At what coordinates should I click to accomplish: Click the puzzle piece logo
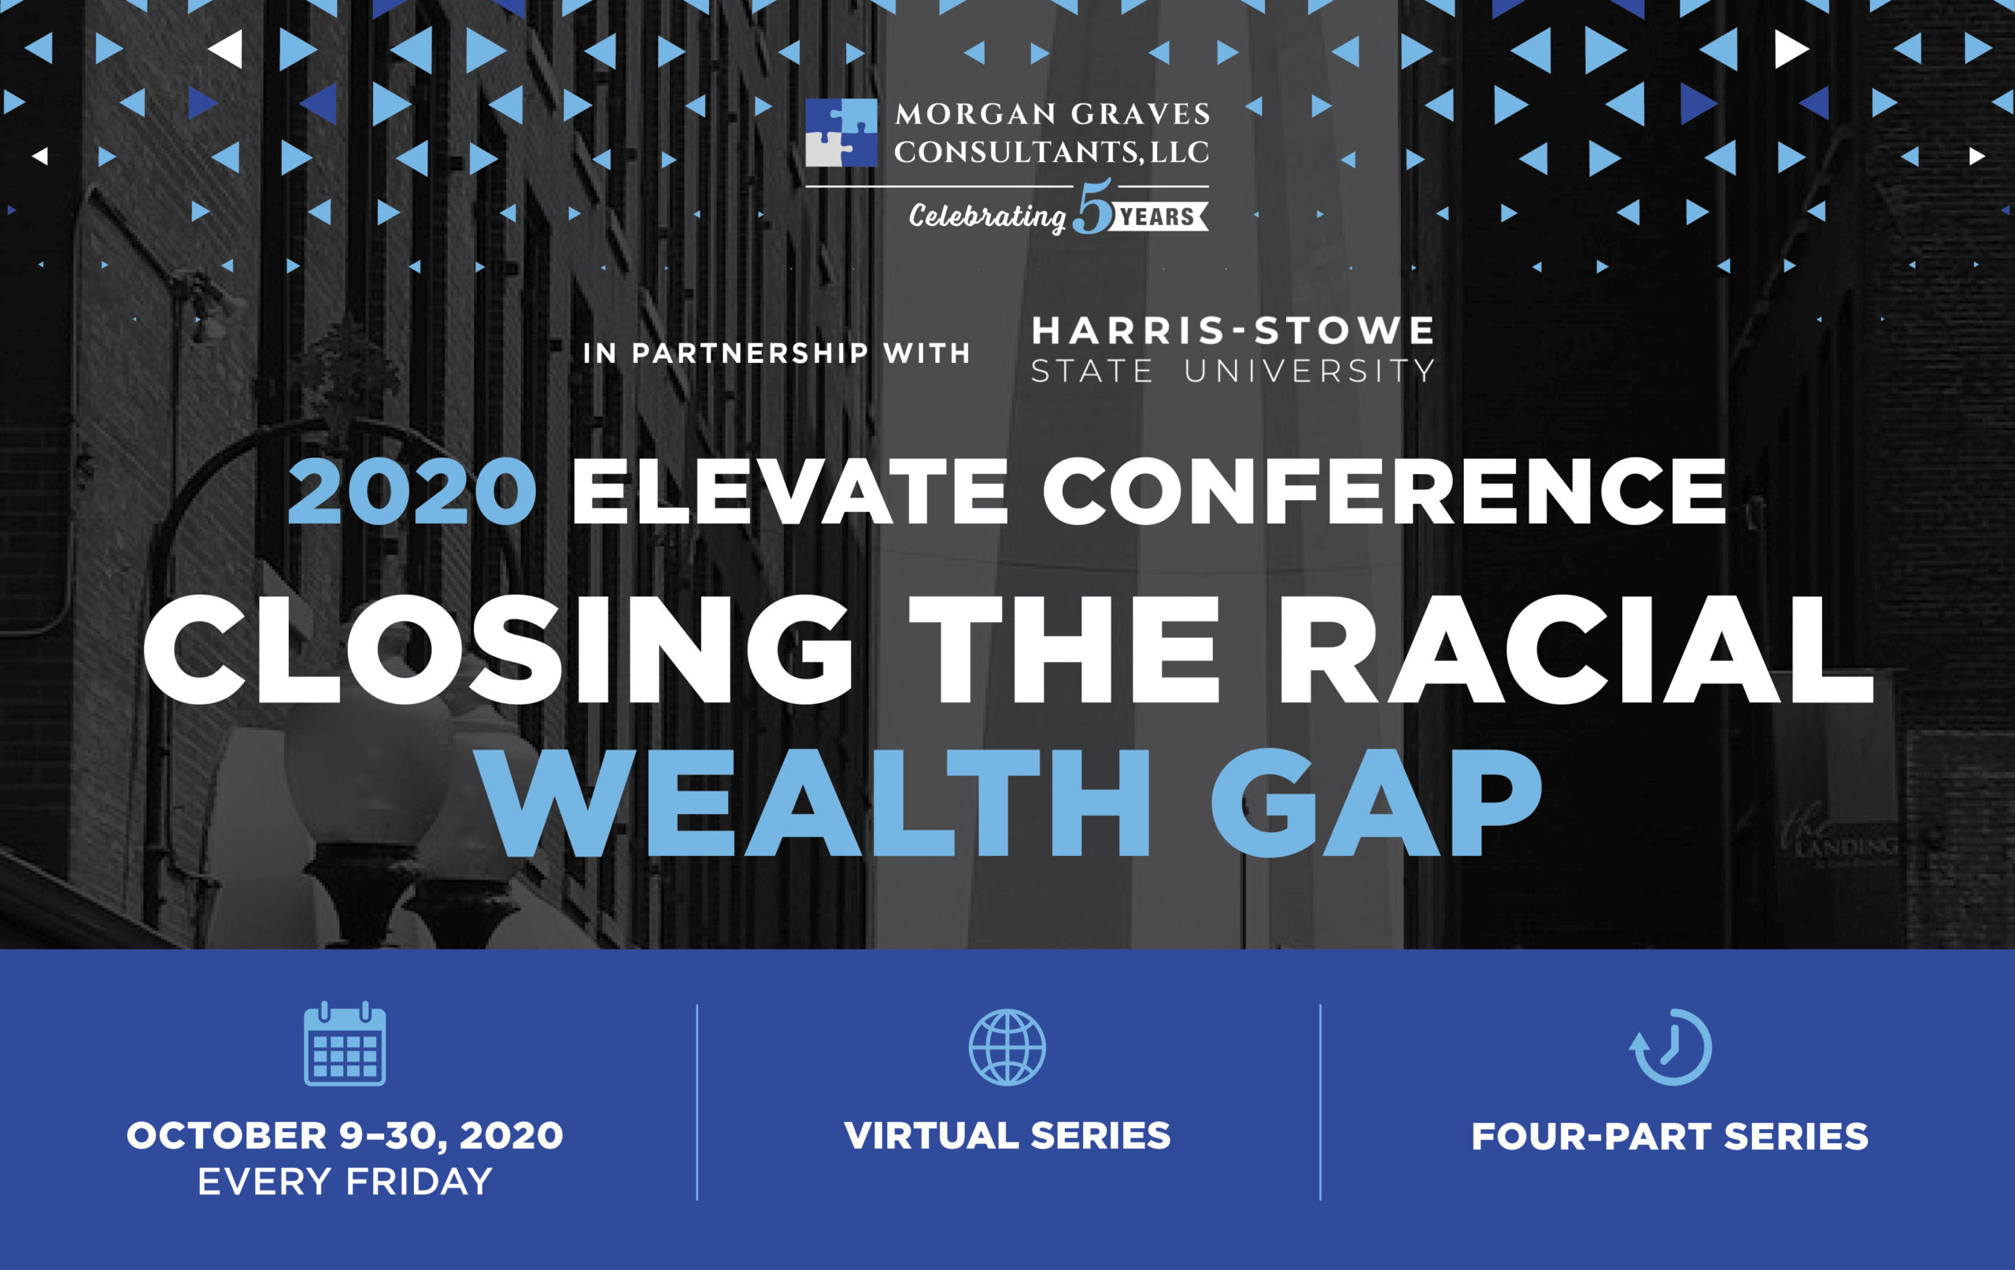[x=841, y=133]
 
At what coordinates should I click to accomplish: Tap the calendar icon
[x=345, y=1043]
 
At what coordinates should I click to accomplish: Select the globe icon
[x=1007, y=1047]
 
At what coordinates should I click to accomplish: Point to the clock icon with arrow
[x=1670, y=1047]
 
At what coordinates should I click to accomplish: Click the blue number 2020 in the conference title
[x=412, y=491]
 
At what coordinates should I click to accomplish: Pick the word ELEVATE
[x=790, y=491]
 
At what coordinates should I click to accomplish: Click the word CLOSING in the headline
[x=499, y=650]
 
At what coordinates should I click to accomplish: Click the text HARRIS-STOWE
[x=1233, y=331]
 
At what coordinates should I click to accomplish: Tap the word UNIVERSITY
[x=1310, y=371]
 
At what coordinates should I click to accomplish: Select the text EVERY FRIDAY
[x=345, y=1181]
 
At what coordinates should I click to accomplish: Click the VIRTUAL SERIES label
[x=1007, y=1135]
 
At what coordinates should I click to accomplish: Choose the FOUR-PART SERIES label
[x=1670, y=1136]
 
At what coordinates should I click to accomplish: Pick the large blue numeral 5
[x=1093, y=207]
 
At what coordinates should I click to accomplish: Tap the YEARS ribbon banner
[x=1159, y=217]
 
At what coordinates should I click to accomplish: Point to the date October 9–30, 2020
[x=345, y=1136]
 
